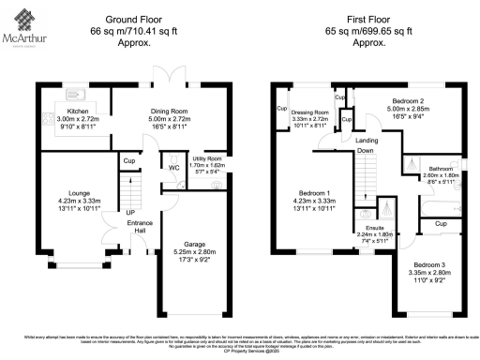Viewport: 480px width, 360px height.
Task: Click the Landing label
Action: click(x=366, y=140)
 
